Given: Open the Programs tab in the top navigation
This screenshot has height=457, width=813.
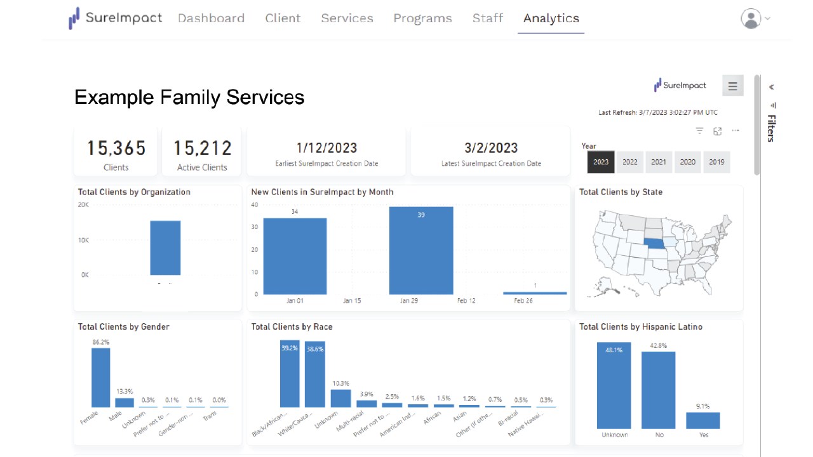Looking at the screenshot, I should pyautogui.click(x=422, y=18).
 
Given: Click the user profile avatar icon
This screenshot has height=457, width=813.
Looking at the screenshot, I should pyautogui.click(x=751, y=18).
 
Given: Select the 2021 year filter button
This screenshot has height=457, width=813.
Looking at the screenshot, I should pyautogui.click(x=659, y=162).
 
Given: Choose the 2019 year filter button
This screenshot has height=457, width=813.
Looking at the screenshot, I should pyautogui.click(x=716, y=162).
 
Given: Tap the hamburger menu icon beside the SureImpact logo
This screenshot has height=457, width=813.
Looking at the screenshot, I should pyautogui.click(x=732, y=86).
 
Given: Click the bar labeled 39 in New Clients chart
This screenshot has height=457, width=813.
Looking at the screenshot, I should pyautogui.click(x=421, y=251).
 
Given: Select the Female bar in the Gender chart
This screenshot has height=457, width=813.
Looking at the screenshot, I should pyautogui.click(x=100, y=378).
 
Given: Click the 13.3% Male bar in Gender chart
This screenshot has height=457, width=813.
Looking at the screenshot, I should pyautogui.click(x=124, y=402).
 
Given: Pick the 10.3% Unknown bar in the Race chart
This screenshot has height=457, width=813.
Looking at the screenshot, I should pyautogui.click(x=341, y=398).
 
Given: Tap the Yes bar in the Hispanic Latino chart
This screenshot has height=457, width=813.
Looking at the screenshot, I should pyautogui.click(x=703, y=420).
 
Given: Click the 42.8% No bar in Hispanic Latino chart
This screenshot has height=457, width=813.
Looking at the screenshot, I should pyautogui.click(x=658, y=390).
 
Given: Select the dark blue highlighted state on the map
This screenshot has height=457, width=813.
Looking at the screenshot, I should pyautogui.click(x=655, y=244).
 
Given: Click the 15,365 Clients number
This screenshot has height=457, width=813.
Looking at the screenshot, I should pyautogui.click(x=116, y=149).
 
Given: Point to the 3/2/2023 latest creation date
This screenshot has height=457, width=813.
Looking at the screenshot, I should pyautogui.click(x=491, y=148).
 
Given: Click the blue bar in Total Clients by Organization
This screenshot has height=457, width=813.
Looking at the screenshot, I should pyautogui.click(x=165, y=248).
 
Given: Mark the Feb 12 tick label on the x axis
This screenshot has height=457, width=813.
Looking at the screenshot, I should pyautogui.click(x=466, y=301).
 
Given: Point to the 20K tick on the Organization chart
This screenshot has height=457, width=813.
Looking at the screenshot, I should pyautogui.click(x=83, y=205).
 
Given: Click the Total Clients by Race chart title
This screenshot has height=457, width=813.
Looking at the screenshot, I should pyautogui.click(x=292, y=327).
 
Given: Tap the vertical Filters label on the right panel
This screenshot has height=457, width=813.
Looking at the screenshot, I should pyautogui.click(x=771, y=128).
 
